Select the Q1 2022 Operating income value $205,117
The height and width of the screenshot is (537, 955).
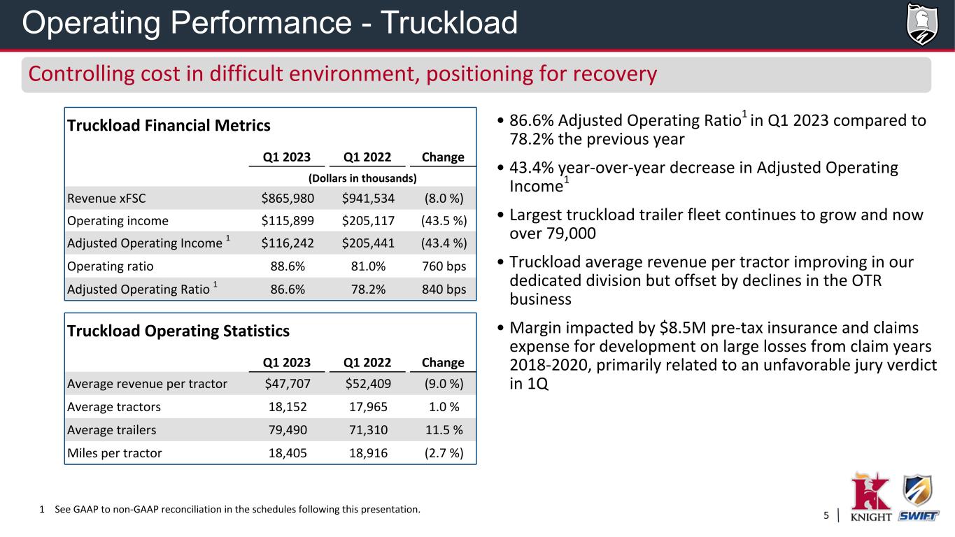(x=368, y=221)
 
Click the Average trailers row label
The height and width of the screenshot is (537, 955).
(x=111, y=429)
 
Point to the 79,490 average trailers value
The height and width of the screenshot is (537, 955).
(x=288, y=429)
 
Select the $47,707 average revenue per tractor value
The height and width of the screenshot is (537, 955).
(x=288, y=383)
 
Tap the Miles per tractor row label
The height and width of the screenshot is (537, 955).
(x=114, y=452)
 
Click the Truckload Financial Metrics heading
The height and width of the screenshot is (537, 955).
(x=169, y=126)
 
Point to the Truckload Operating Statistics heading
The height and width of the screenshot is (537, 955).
(x=178, y=331)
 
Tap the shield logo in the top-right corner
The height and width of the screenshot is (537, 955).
(x=921, y=24)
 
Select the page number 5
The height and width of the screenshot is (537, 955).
(x=826, y=516)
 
